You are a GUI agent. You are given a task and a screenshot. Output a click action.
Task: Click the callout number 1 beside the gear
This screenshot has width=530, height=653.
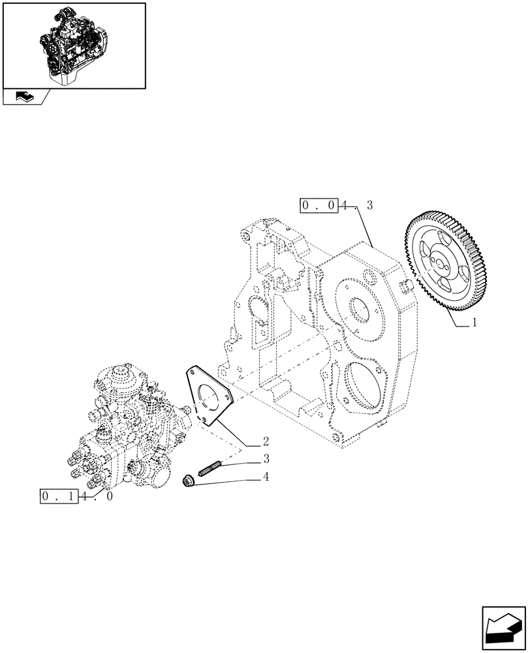coord(475,322)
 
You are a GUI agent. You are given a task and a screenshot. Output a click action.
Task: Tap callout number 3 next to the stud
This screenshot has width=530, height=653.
coord(266,458)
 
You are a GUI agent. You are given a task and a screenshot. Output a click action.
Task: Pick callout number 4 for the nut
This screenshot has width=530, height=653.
coord(266,477)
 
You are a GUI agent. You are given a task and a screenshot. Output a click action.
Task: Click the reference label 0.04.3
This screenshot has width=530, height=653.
coord(337,206)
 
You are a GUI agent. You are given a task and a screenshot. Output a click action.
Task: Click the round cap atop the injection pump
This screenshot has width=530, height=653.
coord(120,374)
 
